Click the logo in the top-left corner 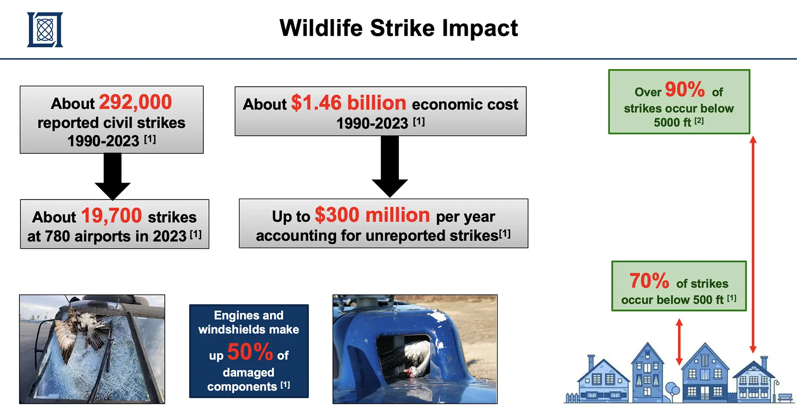click(x=45, y=29)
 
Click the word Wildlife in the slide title click(x=321, y=28)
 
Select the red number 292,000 click(x=135, y=102)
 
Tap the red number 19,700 click(x=111, y=216)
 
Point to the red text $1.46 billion click(x=349, y=103)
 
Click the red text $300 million click(x=372, y=215)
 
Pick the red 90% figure click(x=685, y=89)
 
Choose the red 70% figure click(x=649, y=281)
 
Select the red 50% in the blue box click(x=250, y=352)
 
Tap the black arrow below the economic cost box click(x=390, y=166)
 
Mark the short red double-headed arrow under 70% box click(x=679, y=342)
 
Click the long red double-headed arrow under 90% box click(x=753, y=244)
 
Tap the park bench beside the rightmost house click(x=786, y=398)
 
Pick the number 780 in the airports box click(x=57, y=236)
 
